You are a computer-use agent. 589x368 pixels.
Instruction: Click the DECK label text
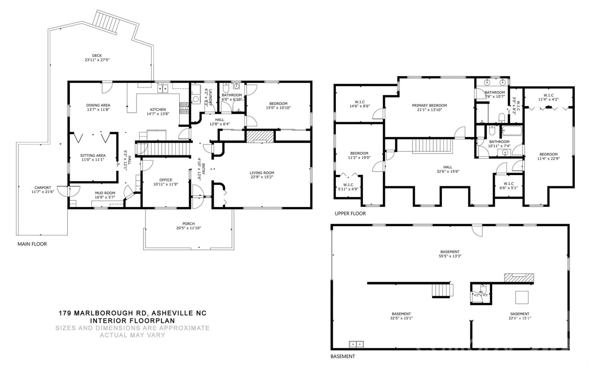[x=97, y=56]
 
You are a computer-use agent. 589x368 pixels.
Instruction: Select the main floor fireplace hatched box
[x=260, y=136]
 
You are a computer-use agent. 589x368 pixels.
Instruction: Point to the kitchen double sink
[x=163, y=89]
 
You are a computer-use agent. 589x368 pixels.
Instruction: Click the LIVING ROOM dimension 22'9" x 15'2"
[x=261, y=177]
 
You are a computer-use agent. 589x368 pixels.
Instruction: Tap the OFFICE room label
[x=166, y=180]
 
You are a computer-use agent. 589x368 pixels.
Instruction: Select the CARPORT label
[x=43, y=188]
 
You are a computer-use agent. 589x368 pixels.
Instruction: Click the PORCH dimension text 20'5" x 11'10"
[x=188, y=228]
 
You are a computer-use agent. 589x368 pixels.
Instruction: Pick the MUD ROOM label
[x=105, y=193]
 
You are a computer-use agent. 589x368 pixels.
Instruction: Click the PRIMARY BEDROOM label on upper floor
[x=429, y=105]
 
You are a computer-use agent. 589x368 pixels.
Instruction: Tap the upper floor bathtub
[x=511, y=131]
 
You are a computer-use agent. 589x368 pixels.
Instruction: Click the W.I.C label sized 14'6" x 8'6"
[x=360, y=102]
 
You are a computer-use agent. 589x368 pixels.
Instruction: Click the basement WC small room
[x=481, y=294]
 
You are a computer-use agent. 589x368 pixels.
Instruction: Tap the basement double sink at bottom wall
[x=356, y=344]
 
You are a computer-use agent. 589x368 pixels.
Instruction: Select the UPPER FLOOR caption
[x=350, y=213]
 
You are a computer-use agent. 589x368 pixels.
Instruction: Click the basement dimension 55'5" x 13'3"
[x=450, y=256]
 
